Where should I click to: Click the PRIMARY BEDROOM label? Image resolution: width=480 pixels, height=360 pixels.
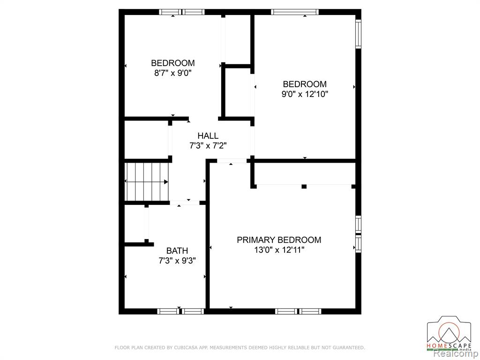tap(279, 240)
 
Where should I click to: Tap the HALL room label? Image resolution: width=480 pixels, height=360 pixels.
tap(208, 135)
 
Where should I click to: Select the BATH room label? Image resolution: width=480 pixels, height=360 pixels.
tap(177, 251)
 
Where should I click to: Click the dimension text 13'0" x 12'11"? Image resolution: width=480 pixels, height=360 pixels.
tap(279, 250)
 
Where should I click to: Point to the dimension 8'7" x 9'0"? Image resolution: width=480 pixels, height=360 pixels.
tap(172, 73)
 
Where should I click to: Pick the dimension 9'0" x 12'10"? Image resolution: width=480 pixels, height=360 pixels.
tap(305, 94)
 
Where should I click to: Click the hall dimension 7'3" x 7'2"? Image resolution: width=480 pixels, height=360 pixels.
tap(208, 146)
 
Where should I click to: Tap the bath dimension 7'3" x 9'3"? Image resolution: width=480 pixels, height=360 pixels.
tap(177, 261)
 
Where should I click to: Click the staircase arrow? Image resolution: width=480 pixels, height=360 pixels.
tap(147, 182)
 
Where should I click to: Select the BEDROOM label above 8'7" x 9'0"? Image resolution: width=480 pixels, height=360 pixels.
tap(172, 63)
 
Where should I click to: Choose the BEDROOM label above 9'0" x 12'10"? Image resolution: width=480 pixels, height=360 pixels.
tap(305, 84)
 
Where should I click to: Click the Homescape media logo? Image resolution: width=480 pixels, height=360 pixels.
tap(450, 333)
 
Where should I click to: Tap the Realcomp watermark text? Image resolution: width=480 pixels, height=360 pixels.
tap(457, 354)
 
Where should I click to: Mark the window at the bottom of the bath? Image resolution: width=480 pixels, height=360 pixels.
tap(180, 311)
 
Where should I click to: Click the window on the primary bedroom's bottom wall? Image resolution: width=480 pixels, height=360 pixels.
tap(298, 311)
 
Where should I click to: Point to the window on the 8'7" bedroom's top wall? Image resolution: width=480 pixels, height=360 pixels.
tap(182, 12)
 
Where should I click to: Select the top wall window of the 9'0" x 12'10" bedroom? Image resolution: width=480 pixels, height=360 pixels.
tap(295, 12)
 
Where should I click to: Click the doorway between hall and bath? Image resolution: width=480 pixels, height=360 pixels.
tap(185, 202)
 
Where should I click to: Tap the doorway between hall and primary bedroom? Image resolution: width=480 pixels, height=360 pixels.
tap(232, 161)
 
